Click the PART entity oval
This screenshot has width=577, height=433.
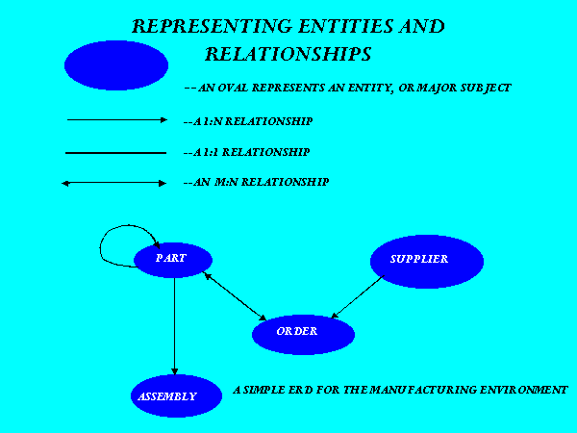(173, 260)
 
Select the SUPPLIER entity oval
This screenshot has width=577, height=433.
(427, 262)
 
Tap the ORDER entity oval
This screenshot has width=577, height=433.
(303, 334)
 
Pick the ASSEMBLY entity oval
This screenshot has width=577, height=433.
(176, 396)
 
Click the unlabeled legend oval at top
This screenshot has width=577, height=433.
(116, 65)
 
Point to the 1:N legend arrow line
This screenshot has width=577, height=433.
(117, 119)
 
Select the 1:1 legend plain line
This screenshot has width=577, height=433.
(115, 153)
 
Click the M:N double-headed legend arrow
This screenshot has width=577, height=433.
(113, 183)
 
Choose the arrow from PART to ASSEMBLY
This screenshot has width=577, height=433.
(175, 326)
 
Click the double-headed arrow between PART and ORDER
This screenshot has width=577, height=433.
(236, 296)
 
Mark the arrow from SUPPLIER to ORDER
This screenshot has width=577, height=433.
(358, 296)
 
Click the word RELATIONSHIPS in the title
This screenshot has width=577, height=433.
(288, 54)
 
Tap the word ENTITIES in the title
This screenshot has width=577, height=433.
(345, 27)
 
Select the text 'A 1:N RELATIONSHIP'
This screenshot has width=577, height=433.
(253, 121)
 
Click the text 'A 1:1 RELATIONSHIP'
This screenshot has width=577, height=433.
(251, 152)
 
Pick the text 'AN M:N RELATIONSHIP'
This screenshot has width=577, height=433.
(261, 182)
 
